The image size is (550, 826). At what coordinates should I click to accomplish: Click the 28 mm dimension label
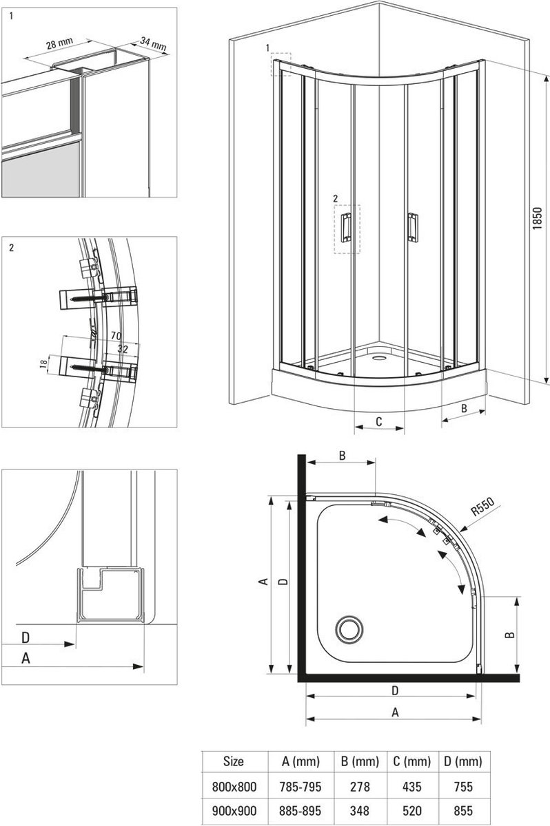coord(59,43)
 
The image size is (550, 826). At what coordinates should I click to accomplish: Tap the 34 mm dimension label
coord(153,44)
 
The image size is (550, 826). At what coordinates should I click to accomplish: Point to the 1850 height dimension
coord(538,218)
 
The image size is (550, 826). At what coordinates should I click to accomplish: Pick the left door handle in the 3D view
coord(346,227)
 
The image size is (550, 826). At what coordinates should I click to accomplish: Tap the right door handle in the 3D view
coord(413,227)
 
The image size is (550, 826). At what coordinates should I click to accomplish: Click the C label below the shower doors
coord(378,421)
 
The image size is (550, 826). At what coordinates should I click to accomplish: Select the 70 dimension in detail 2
coord(116,336)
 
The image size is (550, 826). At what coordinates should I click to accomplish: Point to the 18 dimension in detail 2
coord(43,363)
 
